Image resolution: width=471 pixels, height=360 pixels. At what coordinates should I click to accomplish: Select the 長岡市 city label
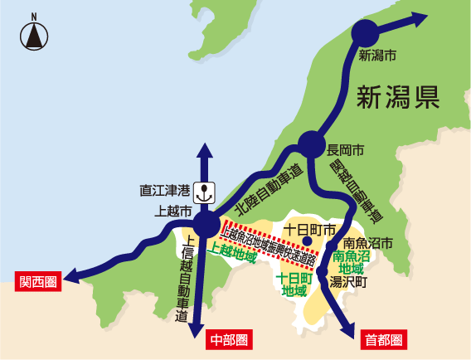coord(346,152)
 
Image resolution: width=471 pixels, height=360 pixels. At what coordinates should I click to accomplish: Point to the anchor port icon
coord(204,194)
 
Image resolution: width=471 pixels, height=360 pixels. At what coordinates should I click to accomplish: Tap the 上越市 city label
coord(174,212)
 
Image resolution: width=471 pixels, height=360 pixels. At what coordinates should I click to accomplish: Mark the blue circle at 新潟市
coord(364,34)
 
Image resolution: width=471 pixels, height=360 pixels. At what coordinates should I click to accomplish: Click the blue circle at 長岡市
coord(312,144)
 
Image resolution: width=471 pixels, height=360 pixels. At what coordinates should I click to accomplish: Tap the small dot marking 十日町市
coord(307,241)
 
